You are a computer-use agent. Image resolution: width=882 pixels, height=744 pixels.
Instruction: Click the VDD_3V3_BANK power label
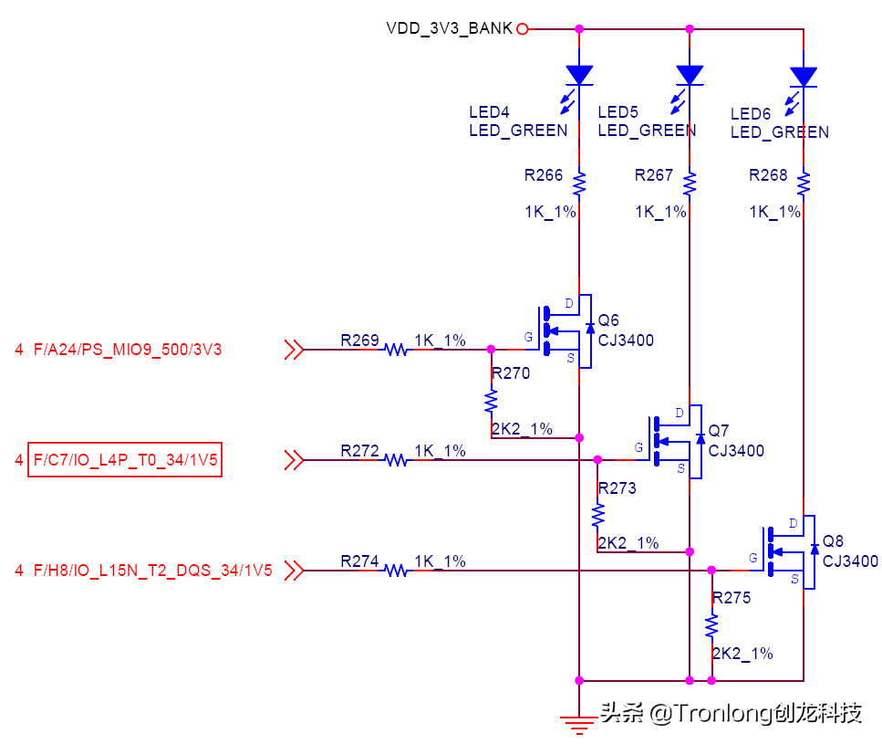click(x=449, y=28)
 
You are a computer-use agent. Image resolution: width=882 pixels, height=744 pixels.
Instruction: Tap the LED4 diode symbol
click(x=579, y=74)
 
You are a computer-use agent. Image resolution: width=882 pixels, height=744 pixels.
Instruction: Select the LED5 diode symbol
click(x=690, y=74)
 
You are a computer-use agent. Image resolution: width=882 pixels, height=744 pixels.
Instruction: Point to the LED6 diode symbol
click(x=804, y=76)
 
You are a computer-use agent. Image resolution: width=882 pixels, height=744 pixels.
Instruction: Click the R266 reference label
click(x=544, y=175)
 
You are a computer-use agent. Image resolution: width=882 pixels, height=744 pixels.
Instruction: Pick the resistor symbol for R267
click(x=690, y=183)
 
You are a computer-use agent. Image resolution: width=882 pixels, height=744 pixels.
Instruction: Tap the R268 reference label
click(x=768, y=175)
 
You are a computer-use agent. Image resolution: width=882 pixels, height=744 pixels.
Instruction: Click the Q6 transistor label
click(x=607, y=321)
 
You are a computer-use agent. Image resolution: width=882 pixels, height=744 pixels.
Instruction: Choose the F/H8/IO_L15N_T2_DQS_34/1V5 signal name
click(x=152, y=571)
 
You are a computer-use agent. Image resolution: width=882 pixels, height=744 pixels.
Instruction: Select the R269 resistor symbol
click(x=397, y=349)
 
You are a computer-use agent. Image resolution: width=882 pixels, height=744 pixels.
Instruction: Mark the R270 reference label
click(x=510, y=373)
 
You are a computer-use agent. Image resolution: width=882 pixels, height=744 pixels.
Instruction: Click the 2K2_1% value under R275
click(x=742, y=654)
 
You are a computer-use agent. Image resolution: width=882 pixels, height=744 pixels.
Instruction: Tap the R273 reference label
click(x=617, y=488)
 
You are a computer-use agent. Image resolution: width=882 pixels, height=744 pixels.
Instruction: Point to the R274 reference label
click(x=359, y=561)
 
